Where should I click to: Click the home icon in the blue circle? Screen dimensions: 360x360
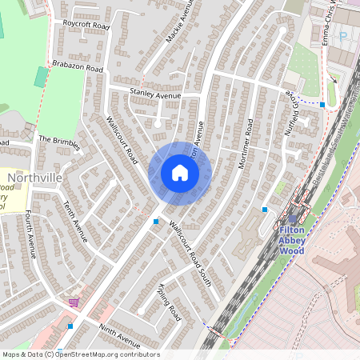(180, 173)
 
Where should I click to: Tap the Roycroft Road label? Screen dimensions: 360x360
(86, 25)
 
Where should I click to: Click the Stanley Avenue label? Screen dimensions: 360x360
(155, 94)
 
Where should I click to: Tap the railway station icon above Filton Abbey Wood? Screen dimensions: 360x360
(293, 217)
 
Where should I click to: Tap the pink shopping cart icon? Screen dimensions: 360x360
(74, 302)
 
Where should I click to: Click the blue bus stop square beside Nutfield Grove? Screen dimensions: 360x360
(322, 105)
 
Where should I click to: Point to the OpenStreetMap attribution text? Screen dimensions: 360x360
(80, 354)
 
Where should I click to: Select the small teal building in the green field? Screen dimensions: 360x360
(41, 77)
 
